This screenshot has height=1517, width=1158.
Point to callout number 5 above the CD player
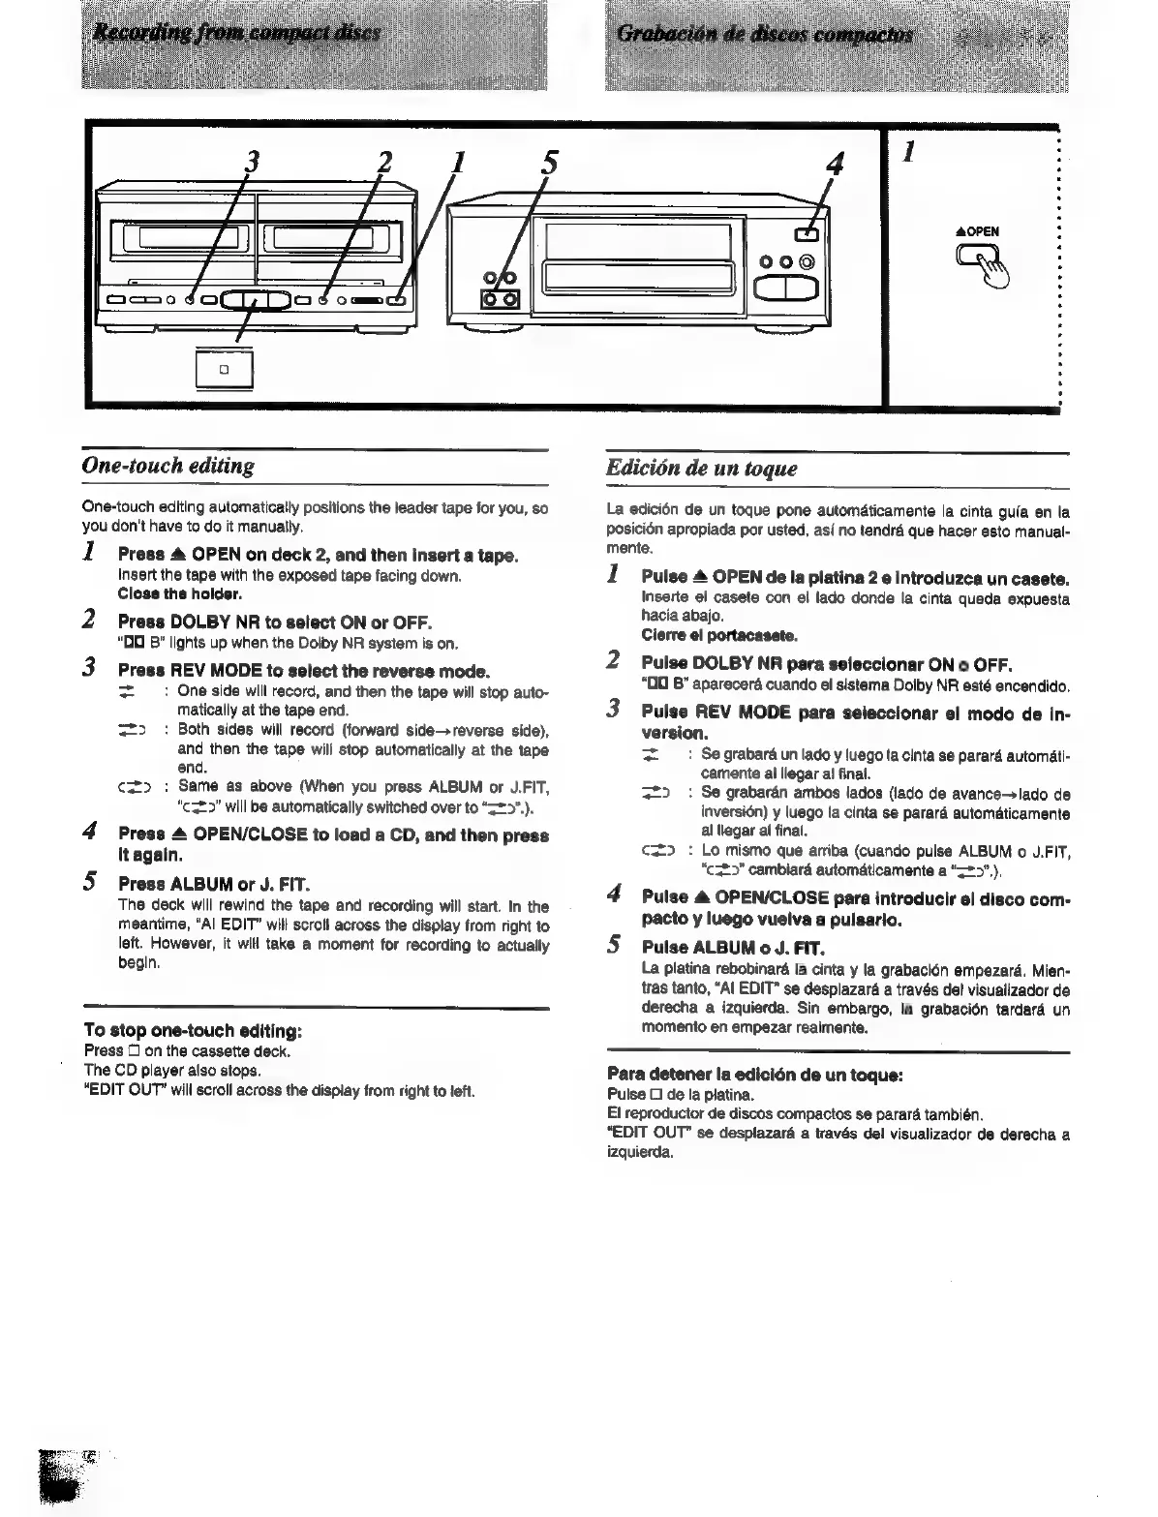(x=548, y=160)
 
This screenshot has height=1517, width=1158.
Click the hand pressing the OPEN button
(x=982, y=264)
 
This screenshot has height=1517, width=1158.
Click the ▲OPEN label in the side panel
(x=977, y=231)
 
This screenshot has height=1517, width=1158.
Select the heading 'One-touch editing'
(x=168, y=467)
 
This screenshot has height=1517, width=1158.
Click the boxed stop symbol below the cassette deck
(x=224, y=369)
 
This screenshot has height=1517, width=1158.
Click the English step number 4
(x=89, y=832)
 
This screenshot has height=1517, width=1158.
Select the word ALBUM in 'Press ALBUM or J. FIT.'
(x=202, y=883)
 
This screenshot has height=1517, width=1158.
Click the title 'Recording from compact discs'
(x=237, y=34)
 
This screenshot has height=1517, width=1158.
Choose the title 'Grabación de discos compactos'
(x=764, y=36)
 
